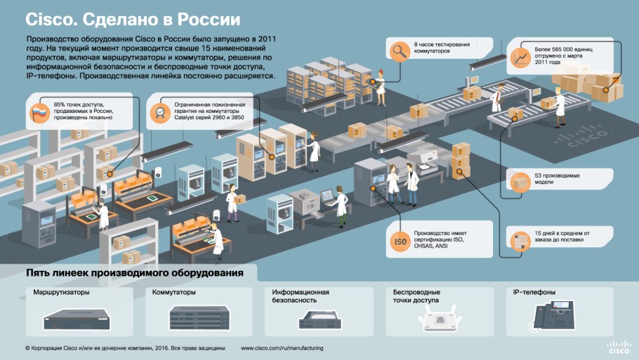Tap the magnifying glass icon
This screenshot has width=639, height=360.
click(400, 50)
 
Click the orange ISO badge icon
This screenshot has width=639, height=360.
click(400, 240)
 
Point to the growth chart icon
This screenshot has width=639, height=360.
click(521, 55)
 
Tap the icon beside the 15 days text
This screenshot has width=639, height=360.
click(520, 240)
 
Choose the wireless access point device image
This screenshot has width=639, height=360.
click(438, 319)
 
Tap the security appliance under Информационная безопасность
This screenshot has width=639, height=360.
click(320, 320)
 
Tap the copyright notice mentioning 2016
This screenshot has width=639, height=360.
click(124, 347)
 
